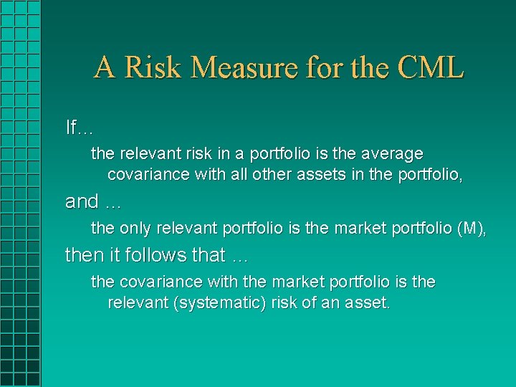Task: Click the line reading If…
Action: (x=79, y=128)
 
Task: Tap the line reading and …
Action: (x=93, y=202)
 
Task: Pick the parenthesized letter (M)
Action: (x=470, y=229)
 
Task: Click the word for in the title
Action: (x=325, y=68)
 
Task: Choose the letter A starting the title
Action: (x=105, y=68)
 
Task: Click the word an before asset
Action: (x=329, y=303)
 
